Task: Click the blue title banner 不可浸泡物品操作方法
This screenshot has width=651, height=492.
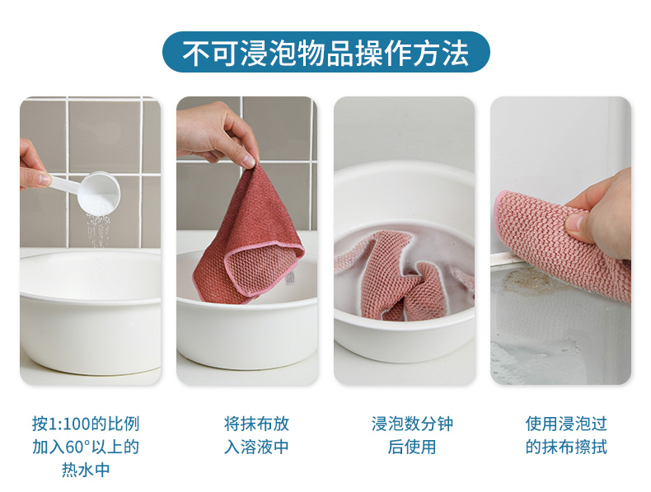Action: [326, 52]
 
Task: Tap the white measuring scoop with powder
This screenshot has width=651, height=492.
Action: [93, 190]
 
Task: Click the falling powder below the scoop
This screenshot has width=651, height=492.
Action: [98, 231]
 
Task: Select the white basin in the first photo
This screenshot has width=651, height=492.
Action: [91, 311]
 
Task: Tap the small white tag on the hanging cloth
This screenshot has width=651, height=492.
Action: [290, 279]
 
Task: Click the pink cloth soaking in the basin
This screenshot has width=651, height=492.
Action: [399, 276]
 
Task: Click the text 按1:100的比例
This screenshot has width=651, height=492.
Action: [86, 424]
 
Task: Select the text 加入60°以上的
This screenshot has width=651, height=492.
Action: [86, 447]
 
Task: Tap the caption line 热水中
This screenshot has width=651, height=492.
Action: [86, 470]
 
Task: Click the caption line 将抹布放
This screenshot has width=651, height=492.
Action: [256, 424]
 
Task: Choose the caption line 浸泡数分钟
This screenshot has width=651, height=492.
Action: [412, 424]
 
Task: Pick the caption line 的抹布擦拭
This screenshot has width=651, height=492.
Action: [566, 447]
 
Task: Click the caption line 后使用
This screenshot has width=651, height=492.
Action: [412, 447]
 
